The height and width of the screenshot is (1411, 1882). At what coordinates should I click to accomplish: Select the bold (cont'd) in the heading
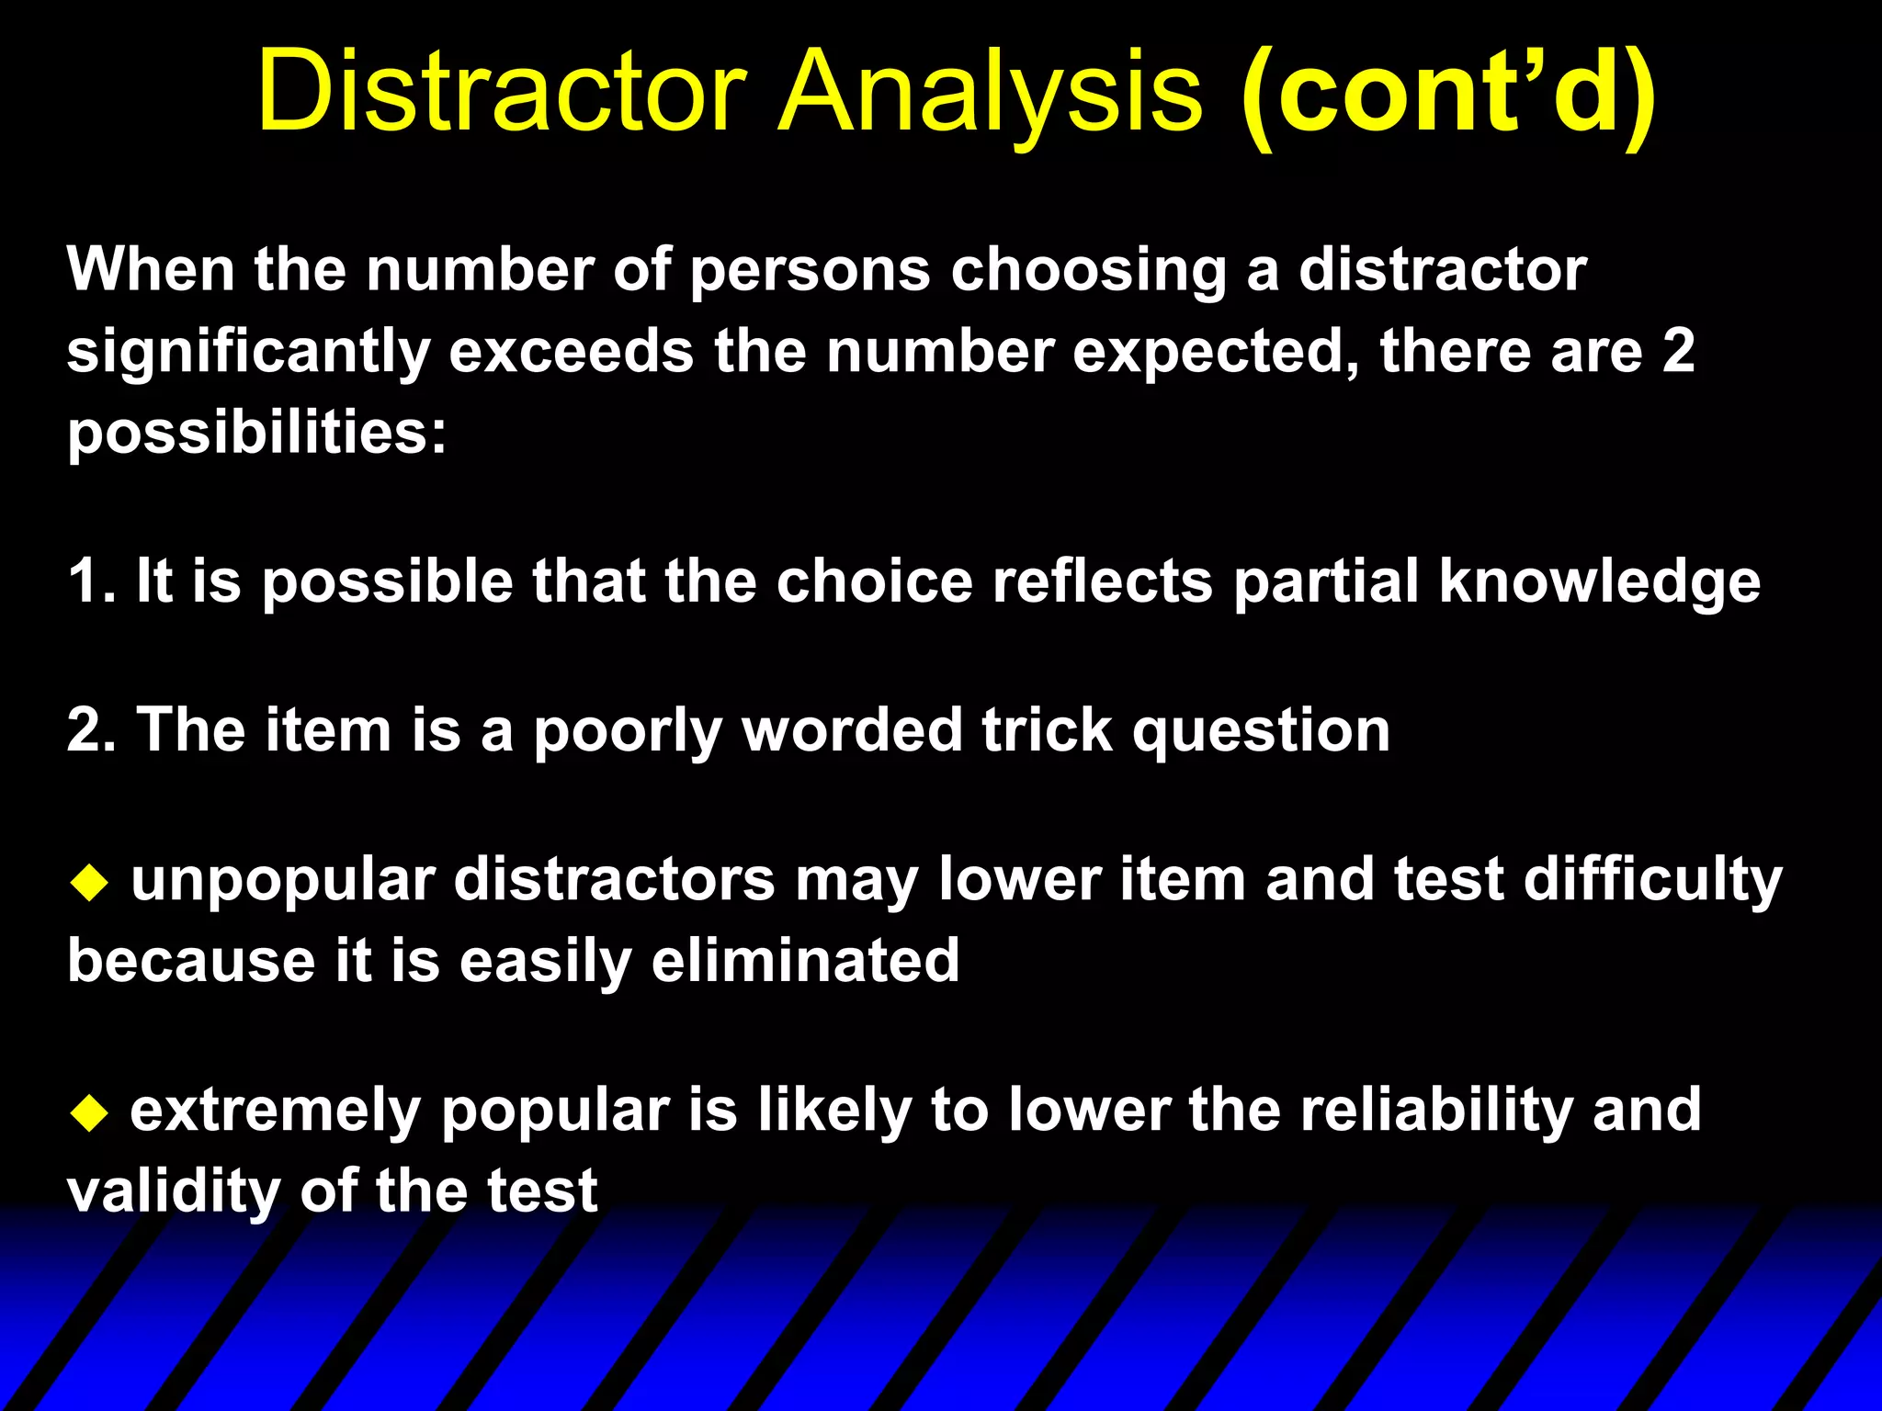1448,92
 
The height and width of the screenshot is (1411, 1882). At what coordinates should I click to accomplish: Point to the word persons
810,271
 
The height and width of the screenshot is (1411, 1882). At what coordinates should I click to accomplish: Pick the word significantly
248,352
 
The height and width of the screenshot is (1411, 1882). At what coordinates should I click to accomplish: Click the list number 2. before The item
91,730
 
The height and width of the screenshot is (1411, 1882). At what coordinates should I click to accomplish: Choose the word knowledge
1599,582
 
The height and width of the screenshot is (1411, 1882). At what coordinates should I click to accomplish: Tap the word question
1261,732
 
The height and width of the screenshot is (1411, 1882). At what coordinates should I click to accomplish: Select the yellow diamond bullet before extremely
89,1114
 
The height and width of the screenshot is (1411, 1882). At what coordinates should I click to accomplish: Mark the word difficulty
1652,880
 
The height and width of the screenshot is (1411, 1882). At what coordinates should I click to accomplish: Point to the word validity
173,1191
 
